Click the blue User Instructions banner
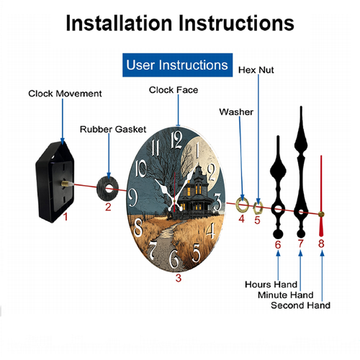point(177,65)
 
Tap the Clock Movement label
point(65,94)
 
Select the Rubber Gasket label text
point(113,130)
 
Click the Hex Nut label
point(256,70)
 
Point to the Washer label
point(236,112)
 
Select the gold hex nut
point(258,208)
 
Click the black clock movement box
point(55,182)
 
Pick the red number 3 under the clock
point(178,278)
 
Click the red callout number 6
point(278,245)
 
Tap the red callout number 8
point(321,243)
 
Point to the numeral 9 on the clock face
point(132,197)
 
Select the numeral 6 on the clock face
point(174,258)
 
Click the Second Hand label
point(300,305)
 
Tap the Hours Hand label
point(271,284)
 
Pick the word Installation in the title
point(120,23)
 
